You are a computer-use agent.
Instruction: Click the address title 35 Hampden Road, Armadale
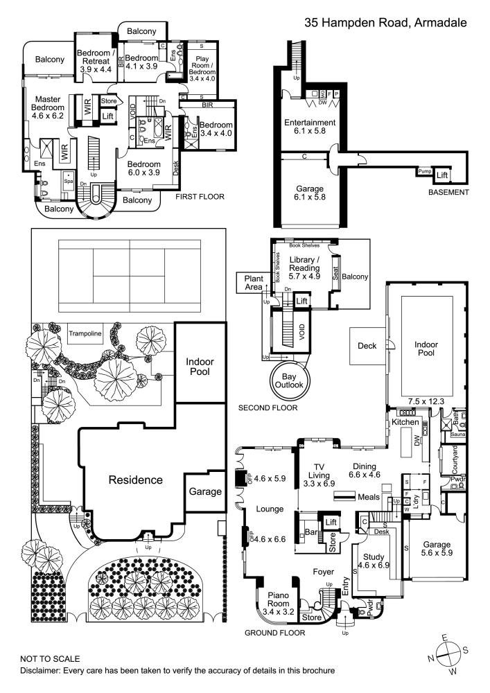tap(385, 23)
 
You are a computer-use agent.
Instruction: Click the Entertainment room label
tap(310, 128)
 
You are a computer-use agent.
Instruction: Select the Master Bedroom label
tap(48, 108)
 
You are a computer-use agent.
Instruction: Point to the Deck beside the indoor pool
tap(366, 346)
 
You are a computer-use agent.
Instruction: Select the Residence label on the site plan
tap(135, 480)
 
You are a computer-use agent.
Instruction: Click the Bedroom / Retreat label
tap(96, 60)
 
